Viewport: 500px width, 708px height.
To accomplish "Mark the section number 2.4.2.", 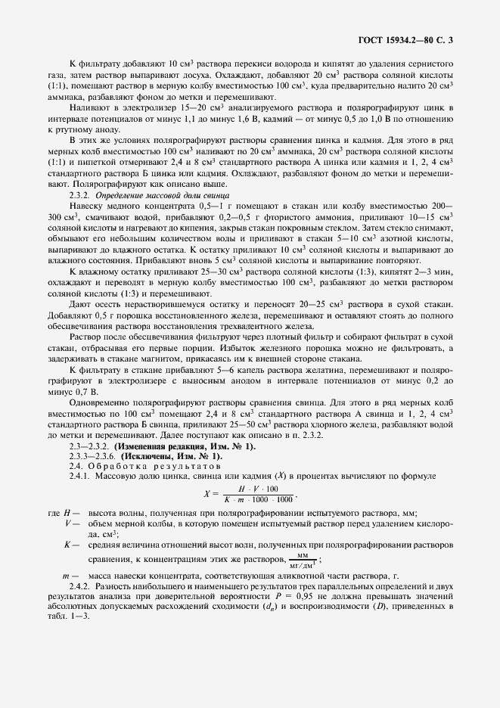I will (80, 586).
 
